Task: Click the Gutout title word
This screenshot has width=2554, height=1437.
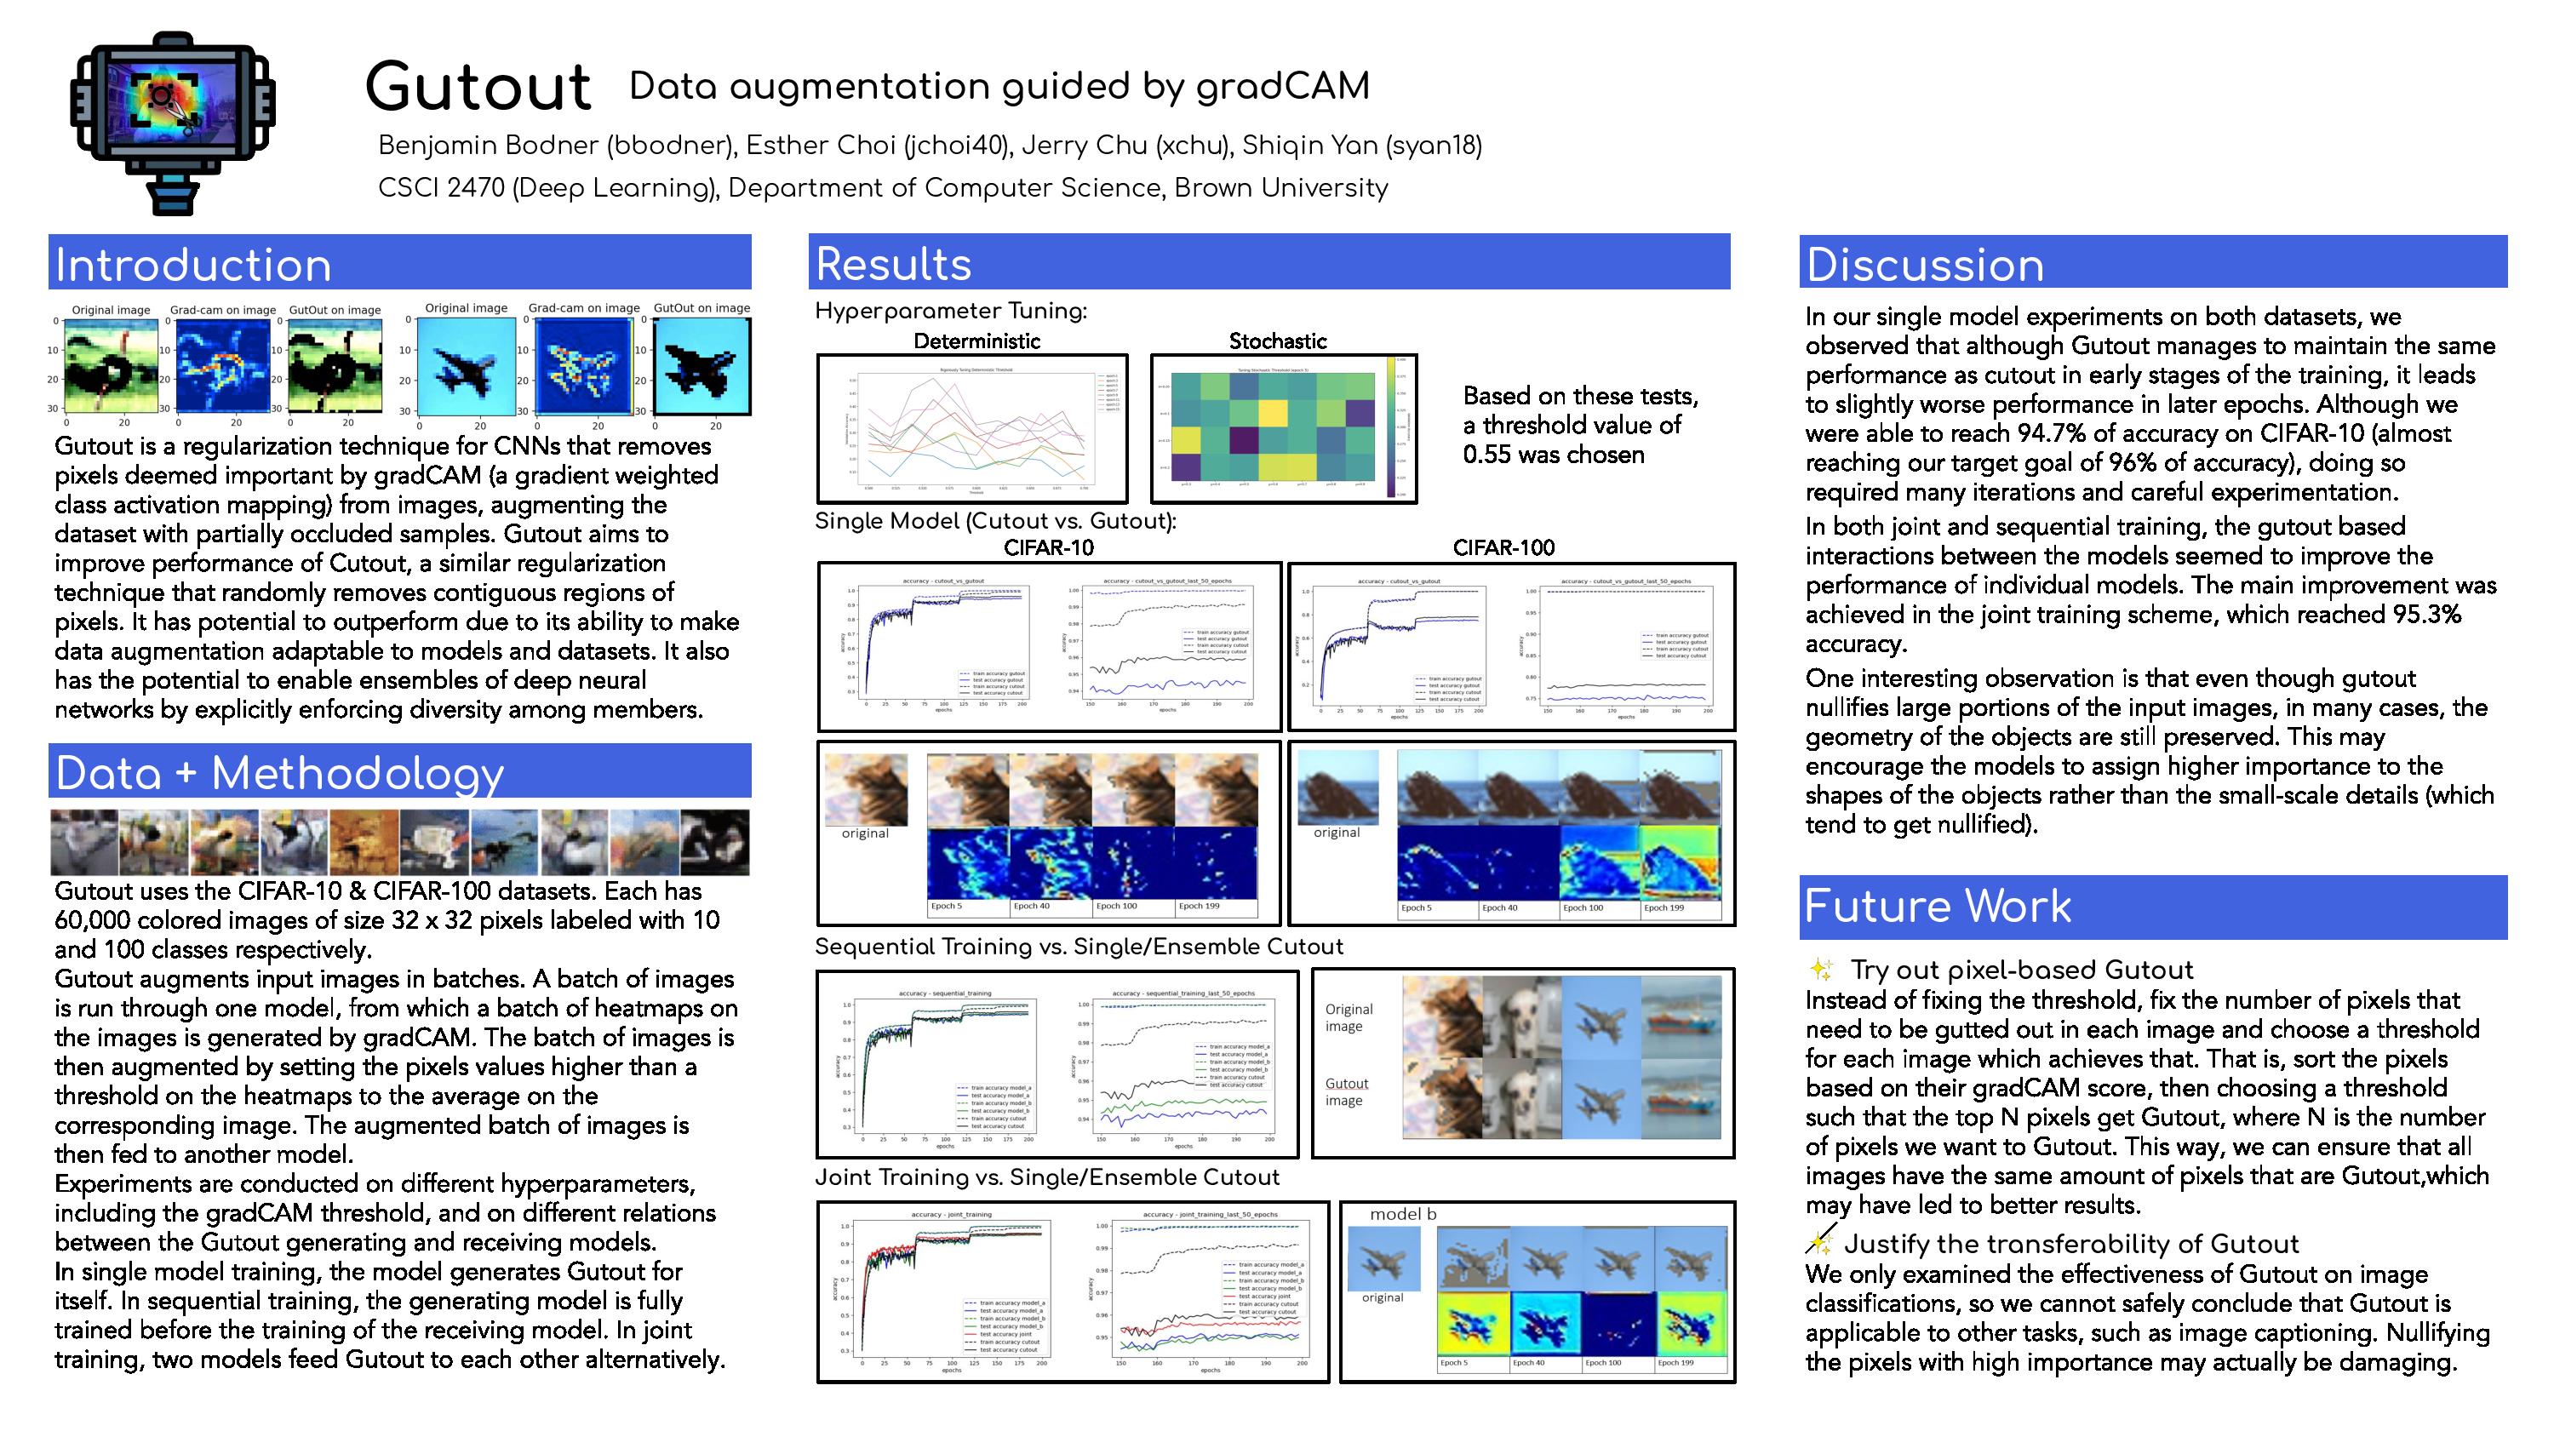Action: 478,88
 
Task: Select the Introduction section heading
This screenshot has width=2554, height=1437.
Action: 192,266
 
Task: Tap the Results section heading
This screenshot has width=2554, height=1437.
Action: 892,265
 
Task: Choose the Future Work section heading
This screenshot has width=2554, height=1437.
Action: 1938,907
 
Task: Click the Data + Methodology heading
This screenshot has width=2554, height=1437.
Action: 279,774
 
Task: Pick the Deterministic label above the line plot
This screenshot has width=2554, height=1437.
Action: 976,341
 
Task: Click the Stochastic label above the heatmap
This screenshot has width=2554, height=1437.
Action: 1277,341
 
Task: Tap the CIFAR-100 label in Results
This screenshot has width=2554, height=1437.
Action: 1503,547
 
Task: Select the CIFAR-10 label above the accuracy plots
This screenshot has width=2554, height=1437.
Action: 1048,547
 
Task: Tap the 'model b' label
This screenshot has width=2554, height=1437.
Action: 1402,1214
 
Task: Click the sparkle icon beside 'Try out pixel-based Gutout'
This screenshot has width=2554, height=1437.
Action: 1820,969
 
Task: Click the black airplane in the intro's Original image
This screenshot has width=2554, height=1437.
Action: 466,373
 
